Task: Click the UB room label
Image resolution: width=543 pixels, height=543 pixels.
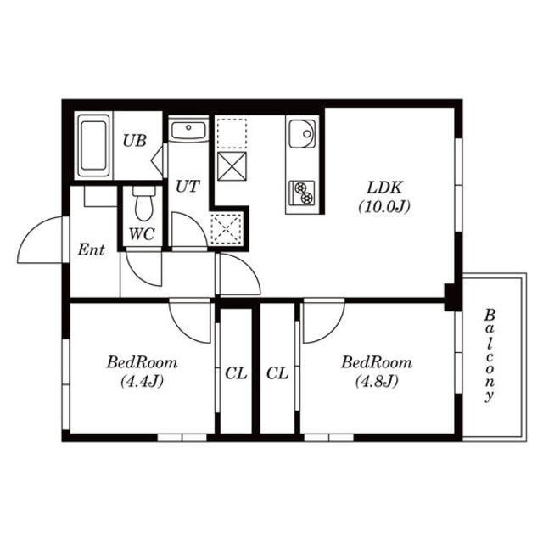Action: coord(135,140)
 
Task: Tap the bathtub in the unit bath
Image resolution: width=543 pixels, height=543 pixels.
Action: coord(93,146)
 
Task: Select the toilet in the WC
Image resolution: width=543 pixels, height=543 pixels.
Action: coord(143,204)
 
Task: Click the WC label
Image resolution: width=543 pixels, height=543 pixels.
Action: coord(142,234)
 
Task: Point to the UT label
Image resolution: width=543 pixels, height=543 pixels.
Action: coord(188,186)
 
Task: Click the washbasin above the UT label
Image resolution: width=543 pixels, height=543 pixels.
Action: coord(188,130)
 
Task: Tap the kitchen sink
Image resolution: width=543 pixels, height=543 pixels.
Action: coord(302,134)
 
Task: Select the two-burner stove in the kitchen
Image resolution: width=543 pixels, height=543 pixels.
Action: coord(302,193)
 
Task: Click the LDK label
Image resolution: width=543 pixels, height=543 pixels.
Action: coord(384,188)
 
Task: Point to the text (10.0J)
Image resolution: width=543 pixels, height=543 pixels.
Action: coord(384,207)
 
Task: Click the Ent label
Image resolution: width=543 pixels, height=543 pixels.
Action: coord(91,249)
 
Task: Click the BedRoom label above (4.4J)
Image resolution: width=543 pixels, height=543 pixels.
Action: coord(142,362)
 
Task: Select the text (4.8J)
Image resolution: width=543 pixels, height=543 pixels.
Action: coord(377,382)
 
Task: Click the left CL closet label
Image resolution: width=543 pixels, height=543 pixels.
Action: coord(236,373)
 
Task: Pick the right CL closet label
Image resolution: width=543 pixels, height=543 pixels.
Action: coord(277,373)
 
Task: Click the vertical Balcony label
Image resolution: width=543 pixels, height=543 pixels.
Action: coord(490,355)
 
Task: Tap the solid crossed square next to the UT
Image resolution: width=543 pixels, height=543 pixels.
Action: coord(232,166)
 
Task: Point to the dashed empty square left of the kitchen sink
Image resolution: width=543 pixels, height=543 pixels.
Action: coord(232,134)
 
